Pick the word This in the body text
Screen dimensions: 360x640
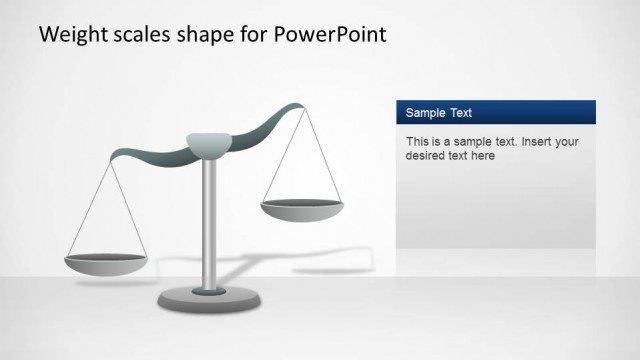(418, 141)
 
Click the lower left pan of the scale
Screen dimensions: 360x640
(106, 264)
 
